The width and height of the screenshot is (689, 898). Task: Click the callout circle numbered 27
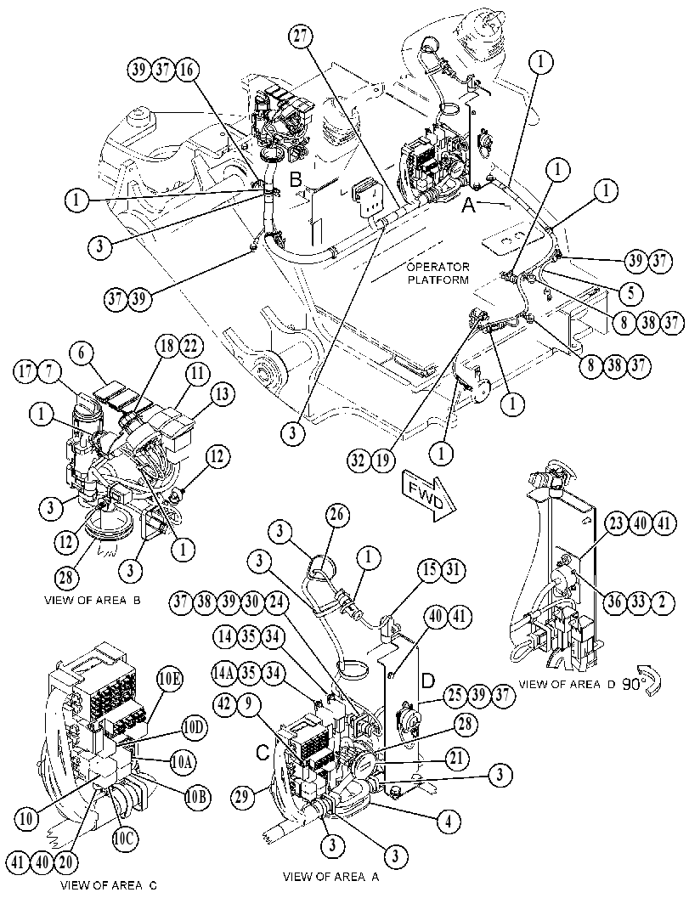coord(301,37)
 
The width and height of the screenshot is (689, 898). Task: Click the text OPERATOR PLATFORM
coord(438,274)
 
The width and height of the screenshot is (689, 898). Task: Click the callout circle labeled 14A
coord(224,672)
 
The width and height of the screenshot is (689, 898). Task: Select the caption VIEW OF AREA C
coord(108,884)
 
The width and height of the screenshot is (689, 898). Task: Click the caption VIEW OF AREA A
coord(331,876)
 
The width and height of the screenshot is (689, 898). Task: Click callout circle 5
coord(630,292)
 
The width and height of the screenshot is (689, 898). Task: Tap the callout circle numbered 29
coord(244,796)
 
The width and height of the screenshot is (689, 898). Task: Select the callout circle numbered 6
coord(82,353)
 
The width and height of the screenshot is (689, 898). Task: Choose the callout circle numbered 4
coord(449,822)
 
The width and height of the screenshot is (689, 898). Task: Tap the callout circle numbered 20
coord(68,861)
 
